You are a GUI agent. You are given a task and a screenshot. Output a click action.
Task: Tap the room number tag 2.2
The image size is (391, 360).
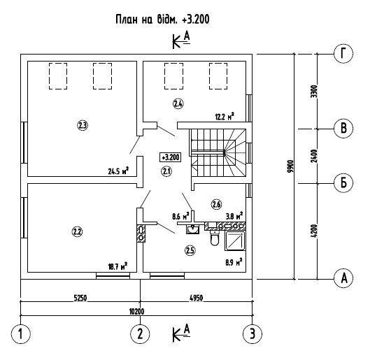pyautogui.click(x=77, y=232)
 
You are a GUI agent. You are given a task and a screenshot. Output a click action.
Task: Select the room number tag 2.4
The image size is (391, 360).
pyautogui.click(x=178, y=103)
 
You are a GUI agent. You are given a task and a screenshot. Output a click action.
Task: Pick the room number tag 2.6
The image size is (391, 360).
pyautogui.click(x=216, y=205)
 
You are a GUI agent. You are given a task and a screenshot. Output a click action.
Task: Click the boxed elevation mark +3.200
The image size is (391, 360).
pyautogui.click(x=170, y=157)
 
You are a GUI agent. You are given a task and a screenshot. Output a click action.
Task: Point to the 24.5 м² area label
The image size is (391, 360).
pyautogui.click(x=118, y=171)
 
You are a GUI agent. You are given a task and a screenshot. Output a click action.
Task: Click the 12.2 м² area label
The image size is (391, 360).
pyautogui.click(x=225, y=116)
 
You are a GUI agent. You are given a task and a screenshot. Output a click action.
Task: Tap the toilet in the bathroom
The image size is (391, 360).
pyautogui.click(x=215, y=238)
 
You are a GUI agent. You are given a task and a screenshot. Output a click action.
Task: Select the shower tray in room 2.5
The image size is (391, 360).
pyautogui.click(x=235, y=240)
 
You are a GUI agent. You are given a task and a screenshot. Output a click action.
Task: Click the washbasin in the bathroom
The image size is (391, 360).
pyautogui.click(x=192, y=229)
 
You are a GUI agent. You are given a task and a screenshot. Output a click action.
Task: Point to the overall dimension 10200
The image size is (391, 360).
pyautogui.click(x=136, y=312)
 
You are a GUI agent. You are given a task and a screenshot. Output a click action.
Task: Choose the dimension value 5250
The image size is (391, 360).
pyautogui.click(x=80, y=298)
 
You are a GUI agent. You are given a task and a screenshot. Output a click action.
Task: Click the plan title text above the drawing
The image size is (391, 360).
pyautogui.click(x=162, y=20)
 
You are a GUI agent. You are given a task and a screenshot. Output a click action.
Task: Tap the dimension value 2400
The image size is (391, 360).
pyautogui.click(x=315, y=156)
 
